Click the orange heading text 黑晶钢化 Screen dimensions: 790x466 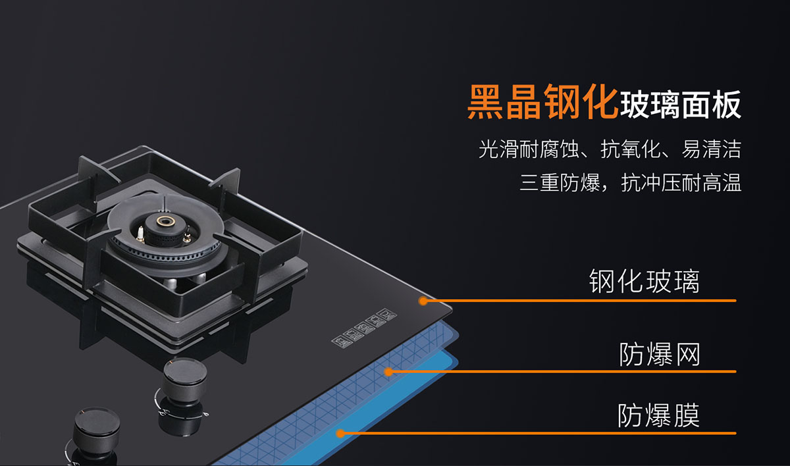click(x=542, y=102)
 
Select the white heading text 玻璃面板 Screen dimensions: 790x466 click(x=680, y=105)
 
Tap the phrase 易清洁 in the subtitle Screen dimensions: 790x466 click(x=711, y=149)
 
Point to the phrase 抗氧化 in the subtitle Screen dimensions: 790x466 click(x=630, y=149)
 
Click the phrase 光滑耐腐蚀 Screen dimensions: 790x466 click(x=529, y=149)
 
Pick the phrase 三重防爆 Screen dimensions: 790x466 click(x=560, y=182)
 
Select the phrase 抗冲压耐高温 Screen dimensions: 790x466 click(x=681, y=182)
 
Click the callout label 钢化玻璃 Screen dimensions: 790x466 click(x=644, y=281)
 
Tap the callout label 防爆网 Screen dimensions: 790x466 click(x=659, y=354)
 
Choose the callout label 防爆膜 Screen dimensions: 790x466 click(x=658, y=415)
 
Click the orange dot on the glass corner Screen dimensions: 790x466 click(x=423, y=301)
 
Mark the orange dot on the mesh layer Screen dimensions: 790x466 click(x=388, y=371)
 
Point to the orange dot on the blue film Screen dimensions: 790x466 click(x=340, y=433)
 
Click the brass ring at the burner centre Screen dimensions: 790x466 click(x=165, y=221)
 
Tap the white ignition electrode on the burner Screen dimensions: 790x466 click(x=140, y=234)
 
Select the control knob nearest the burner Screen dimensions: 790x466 click(x=185, y=380)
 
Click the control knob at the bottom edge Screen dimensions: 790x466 click(x=96, y=432)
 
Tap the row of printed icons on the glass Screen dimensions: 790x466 click(x=364, y=328)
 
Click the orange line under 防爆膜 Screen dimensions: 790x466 click(x=539, y=433)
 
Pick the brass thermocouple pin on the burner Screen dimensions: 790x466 click(x=187, y=236)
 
